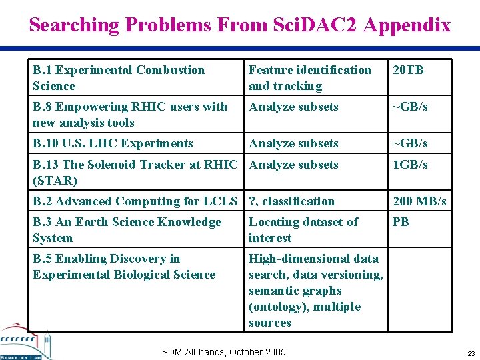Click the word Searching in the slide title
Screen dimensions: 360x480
coord(74,25)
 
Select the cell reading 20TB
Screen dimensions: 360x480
coord(409,70)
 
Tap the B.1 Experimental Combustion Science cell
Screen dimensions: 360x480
coord(119,78)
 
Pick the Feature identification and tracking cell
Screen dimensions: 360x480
coord(310,78)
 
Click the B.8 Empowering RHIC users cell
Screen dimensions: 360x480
coord(130,115)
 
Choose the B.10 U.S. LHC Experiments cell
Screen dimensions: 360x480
coord(113,143)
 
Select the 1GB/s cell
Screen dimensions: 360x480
coord(411,165)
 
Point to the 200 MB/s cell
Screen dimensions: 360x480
coord(419,201)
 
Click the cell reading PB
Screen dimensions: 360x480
coord(401,222)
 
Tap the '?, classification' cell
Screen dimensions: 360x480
coord(292,201)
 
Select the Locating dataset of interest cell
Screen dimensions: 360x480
coord(303,230)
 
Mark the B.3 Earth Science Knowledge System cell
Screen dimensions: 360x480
coord(127,230)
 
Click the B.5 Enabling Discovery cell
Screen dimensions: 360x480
coord(124,267)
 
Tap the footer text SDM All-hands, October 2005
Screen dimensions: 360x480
coord(223,352)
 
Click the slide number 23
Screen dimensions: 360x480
coord(471,353)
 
